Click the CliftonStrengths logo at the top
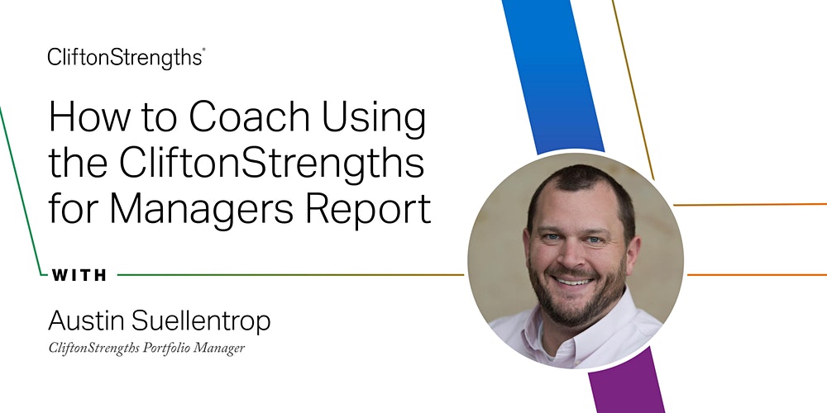point(126,58)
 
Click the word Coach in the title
point(250,117)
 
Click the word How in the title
point(88,117)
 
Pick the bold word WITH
point(79,275)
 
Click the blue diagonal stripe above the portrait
point(553,76)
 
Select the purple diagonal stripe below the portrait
point(628,382)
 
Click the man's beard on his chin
point(575,308)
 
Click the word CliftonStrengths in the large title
point(271,164)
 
